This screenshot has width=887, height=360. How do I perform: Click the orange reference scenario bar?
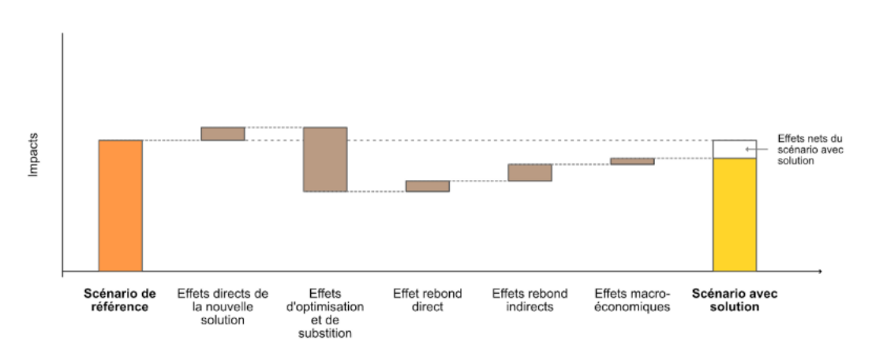click(x=120, y=205)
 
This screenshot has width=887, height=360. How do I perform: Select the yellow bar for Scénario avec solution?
click(x=734, y=214)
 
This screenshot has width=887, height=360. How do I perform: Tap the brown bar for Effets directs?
click(x=223, y=133)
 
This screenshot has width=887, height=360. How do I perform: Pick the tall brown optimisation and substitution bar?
click(x=325, y=159)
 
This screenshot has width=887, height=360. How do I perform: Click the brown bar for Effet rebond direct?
click(x=427, y=186)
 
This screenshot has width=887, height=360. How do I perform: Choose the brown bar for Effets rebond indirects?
click(x=530, y=172)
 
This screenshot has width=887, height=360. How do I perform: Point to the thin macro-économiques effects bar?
click(x=632, y=161)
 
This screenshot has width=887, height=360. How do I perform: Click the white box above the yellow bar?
click(x=734, y=148)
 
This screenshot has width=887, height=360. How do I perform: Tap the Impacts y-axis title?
click(x=34, y=155)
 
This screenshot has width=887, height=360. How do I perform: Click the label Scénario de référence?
click(x=120, y=300)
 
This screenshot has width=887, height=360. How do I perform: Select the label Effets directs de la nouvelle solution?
click(x=223, y=306)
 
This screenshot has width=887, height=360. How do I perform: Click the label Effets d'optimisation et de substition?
click(x=325, y=313)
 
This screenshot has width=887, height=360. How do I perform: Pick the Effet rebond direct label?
click(x=427, y=300)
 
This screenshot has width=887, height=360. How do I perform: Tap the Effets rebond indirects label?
click(x=530, y=300)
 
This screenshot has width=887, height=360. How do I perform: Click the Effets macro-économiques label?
click(x=632, y=300)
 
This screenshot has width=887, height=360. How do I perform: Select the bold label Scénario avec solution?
click(x=734, y=300)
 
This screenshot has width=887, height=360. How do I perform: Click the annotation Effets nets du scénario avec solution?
click(x=810, y=149)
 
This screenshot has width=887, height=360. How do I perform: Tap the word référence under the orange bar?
click(x=120, y=307)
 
